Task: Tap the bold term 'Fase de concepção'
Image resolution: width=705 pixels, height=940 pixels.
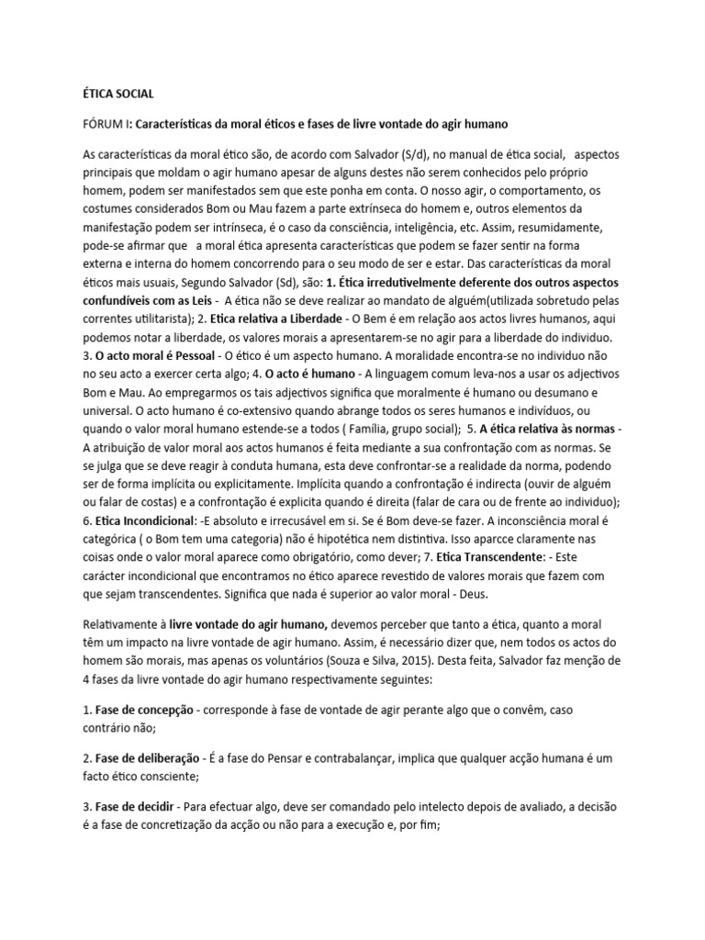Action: (x=144, y=711)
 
